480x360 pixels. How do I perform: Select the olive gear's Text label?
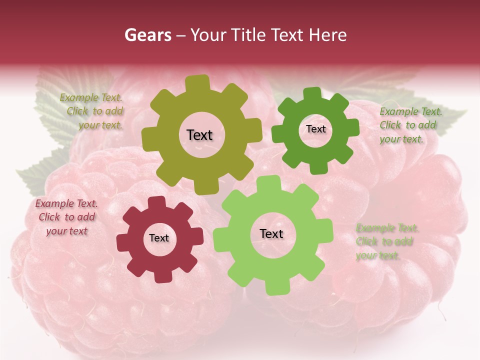click(199, 135)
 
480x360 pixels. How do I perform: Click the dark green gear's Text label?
click(315, 129)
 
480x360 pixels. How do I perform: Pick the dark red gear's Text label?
click(159, 238)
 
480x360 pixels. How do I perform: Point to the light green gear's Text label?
click(271, 233)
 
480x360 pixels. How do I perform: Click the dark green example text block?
click(410, 125)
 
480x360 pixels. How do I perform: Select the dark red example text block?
click(67, 217)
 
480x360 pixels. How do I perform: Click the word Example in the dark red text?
click(53, 203)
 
